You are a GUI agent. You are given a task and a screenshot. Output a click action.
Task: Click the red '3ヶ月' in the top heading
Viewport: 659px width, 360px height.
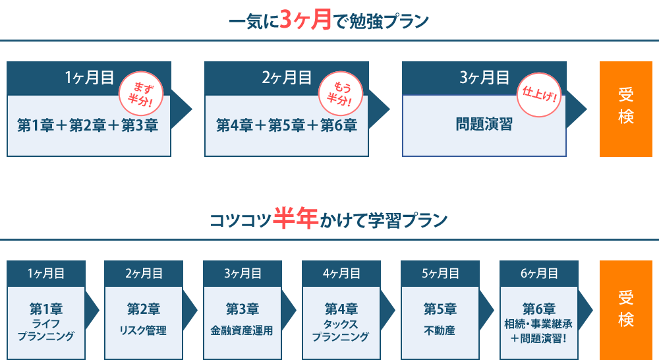pos(306,20)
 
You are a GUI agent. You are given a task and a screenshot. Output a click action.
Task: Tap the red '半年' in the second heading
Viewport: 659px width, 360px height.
pos(295,218)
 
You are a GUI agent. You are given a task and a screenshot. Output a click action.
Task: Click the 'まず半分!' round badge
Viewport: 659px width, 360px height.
pos(141,94)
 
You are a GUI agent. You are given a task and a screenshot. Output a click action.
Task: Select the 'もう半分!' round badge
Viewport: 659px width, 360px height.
pos(341,94)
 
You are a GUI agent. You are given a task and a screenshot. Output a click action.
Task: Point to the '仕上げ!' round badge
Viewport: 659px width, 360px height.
pos(539,95)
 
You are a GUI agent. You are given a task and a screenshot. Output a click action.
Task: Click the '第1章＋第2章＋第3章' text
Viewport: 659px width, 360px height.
pos(88,125)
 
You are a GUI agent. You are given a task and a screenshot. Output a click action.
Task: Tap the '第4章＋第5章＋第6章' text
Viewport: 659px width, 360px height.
pos(287,125)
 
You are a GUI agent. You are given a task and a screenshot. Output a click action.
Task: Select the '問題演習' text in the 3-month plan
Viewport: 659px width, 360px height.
pos(484,124)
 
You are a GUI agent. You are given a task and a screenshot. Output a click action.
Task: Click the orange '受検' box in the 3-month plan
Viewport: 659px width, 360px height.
pos(626,109)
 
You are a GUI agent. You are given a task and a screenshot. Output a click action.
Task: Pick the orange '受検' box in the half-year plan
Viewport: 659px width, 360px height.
pos(626,310)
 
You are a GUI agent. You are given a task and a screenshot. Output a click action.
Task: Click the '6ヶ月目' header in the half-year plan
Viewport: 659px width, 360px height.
pos(539,274)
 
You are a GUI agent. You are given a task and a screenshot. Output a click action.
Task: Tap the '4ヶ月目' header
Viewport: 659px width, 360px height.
pos(341,274)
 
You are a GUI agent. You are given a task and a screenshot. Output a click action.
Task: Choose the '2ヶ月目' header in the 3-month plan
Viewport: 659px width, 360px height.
pos(287,78)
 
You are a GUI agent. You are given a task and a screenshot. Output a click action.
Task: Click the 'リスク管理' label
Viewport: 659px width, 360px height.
pos(143,330)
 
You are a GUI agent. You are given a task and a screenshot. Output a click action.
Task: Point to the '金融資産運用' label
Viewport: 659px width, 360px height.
pos(242,330)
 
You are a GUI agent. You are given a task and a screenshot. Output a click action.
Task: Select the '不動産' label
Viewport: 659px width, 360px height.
pos(440,330)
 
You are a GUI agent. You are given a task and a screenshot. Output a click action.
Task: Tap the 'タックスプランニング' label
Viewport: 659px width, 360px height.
pos(341,330)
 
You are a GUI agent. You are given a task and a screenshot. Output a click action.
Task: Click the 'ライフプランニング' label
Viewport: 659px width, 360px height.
pos(46,330)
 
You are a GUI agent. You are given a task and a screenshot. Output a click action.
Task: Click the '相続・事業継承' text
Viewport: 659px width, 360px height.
pos(538,324)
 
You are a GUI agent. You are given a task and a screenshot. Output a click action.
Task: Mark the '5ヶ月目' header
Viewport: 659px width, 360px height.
pos(440,274)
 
